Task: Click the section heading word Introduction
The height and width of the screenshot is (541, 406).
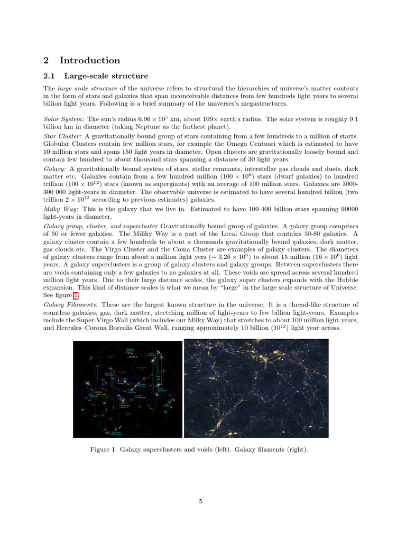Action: click(89, 60)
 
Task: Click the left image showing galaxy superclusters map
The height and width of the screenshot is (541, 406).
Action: click(127, 388)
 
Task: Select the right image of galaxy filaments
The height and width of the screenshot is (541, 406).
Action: click(256, 388)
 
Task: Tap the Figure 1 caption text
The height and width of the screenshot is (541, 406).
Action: click(199, 450)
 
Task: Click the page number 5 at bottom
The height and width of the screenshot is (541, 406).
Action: click(201, 501)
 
